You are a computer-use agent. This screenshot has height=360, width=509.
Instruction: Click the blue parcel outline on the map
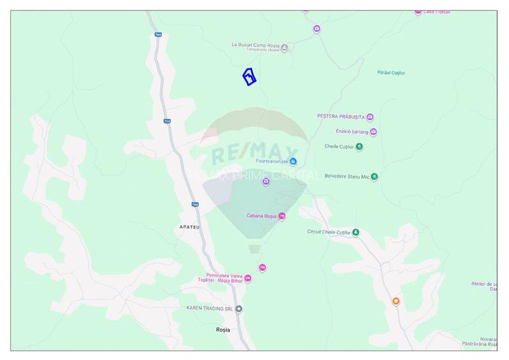249,77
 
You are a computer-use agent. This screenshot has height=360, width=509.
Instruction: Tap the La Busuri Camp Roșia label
255,45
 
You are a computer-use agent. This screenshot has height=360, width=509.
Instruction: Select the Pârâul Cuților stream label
392,72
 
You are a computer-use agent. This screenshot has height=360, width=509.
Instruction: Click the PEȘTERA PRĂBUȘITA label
340,117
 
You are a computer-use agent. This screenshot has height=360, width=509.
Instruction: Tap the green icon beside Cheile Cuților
359,146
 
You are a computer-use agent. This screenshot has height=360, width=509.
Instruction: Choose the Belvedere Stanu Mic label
347,176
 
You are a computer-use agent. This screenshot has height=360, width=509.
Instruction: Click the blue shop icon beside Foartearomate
294,161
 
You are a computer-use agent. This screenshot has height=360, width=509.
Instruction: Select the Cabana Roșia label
261,216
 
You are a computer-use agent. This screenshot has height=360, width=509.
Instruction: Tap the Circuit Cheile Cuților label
329,232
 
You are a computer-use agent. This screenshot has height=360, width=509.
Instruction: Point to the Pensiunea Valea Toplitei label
219,278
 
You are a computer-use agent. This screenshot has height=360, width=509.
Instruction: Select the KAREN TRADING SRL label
208,308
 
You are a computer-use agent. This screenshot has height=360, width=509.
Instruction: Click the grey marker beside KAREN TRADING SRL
239,309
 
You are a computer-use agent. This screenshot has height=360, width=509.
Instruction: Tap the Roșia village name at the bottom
223,330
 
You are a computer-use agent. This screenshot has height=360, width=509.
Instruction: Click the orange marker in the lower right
396,301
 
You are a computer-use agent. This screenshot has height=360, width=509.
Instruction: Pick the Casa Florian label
437,12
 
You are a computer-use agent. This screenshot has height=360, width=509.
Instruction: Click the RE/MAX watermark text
254,154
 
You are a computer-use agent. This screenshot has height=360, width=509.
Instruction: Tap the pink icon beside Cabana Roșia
282,216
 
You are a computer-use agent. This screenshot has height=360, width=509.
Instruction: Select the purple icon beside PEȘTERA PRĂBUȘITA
370,117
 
